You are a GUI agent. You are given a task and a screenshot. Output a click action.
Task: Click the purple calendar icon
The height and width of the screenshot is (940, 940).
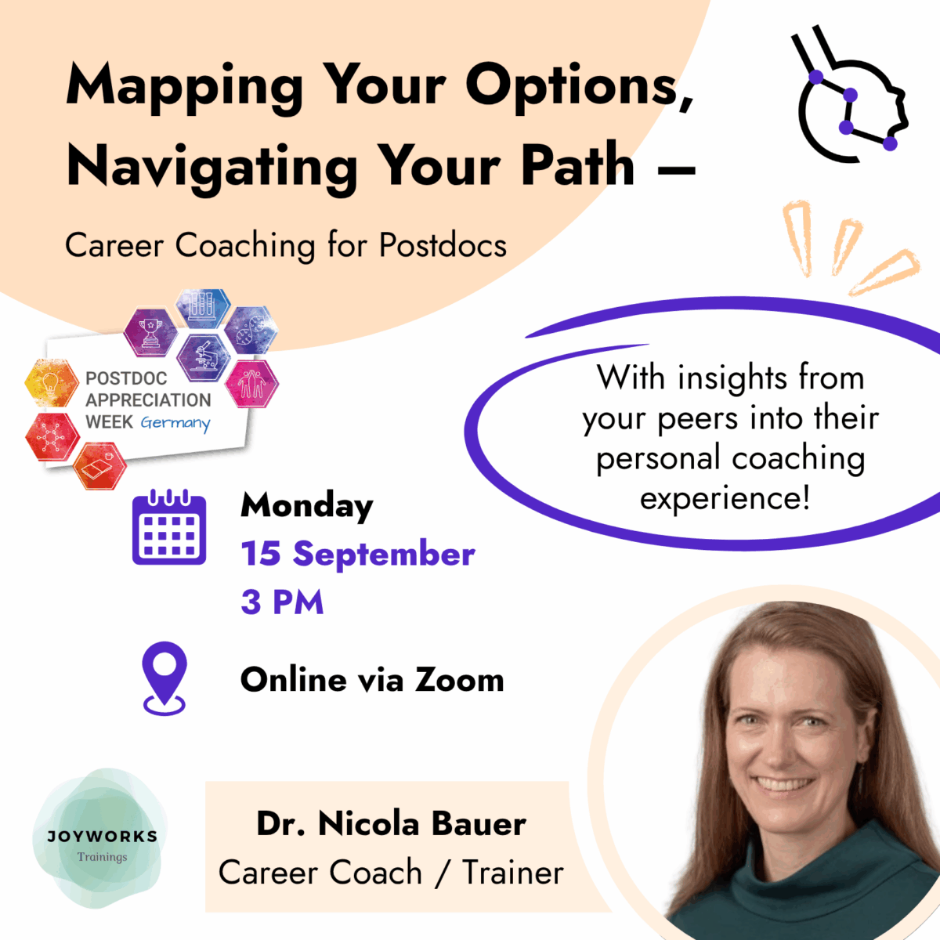pos(169,527)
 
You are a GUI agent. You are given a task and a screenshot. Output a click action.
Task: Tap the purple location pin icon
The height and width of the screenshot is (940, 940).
pos(164,678)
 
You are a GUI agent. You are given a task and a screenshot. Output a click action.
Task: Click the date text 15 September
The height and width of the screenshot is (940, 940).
pos(358,554)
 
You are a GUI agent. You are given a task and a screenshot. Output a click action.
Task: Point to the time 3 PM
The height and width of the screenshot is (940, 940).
pos(283,602)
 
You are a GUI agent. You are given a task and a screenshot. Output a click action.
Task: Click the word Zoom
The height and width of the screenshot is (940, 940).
pos(460,679)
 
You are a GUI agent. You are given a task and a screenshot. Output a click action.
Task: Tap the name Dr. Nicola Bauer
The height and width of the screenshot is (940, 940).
pos(391,824)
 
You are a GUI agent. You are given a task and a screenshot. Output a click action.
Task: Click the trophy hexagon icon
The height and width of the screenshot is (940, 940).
pos(150,331)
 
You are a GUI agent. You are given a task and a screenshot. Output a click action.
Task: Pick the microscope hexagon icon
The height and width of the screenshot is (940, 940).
pos(204,359)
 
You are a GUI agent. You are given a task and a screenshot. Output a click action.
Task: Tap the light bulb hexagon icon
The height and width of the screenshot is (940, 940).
pos(52,383)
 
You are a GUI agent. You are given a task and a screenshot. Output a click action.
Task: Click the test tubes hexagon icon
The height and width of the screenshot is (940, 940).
pos(202,307)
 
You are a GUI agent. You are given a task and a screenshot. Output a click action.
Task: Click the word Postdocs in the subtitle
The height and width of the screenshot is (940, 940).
pos(443,245)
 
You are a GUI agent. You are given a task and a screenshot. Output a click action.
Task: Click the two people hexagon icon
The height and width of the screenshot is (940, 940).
pos(251,383)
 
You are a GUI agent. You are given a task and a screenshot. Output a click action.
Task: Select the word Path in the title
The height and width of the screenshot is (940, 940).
pos(578,166)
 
